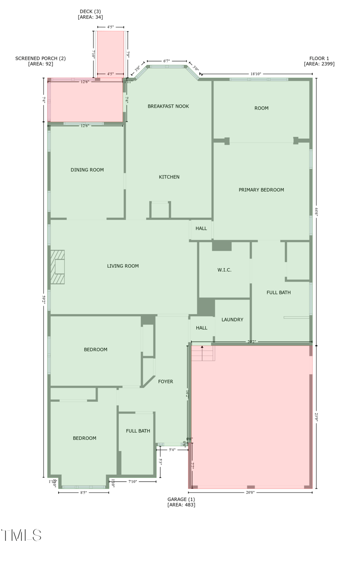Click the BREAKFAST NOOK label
[x=168, y=106]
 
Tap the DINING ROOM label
[x=87, y=170]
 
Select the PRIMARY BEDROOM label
[x=261, y=190]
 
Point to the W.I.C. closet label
[x=224, y=270]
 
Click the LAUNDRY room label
[x=232, y=319]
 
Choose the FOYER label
[x=166, y=381]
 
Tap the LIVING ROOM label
[x=123, y=266]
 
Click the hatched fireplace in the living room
[x=58, y=267]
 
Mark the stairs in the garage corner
[x=203, y=353]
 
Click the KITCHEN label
[x=169, y=177]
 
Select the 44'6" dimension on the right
[x=316, y=211]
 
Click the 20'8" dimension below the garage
[x=250, y=492]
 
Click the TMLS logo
[x=21, y=535]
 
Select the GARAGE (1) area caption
[x=181, y=502]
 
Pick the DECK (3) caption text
[x=90, y=14]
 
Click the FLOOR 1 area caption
[x=319, y=61]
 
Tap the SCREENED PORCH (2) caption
[x=40, y=61]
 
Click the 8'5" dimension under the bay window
[x=83, y=493]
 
